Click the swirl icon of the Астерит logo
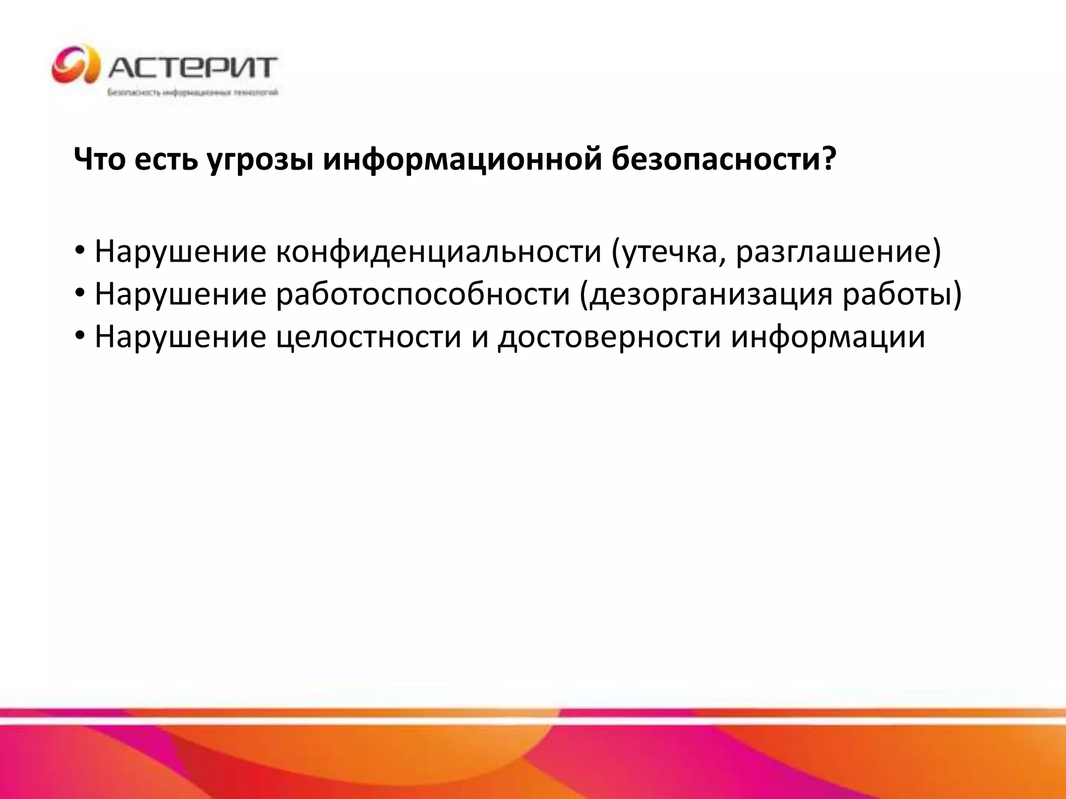click(75, 65)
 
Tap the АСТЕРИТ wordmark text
click(193, 67)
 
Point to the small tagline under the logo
click(193, 93)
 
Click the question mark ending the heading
click(828, 158)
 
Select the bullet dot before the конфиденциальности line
click(80, 251)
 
